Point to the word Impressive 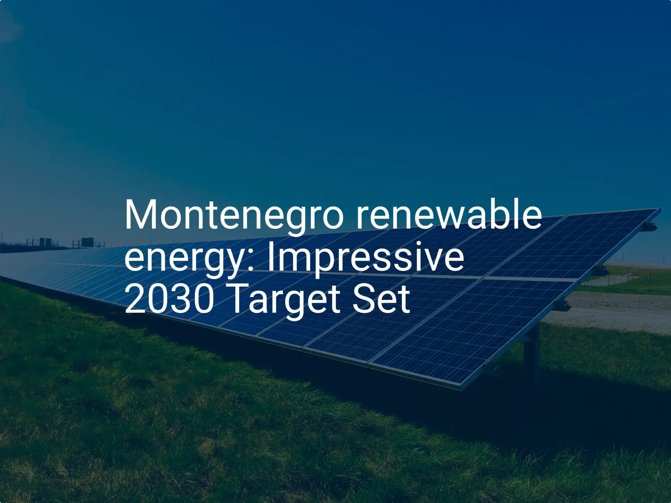click(x=366, y=258)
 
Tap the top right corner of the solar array click(x=660, y=209)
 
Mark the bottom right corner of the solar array click(x=462, y=388)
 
